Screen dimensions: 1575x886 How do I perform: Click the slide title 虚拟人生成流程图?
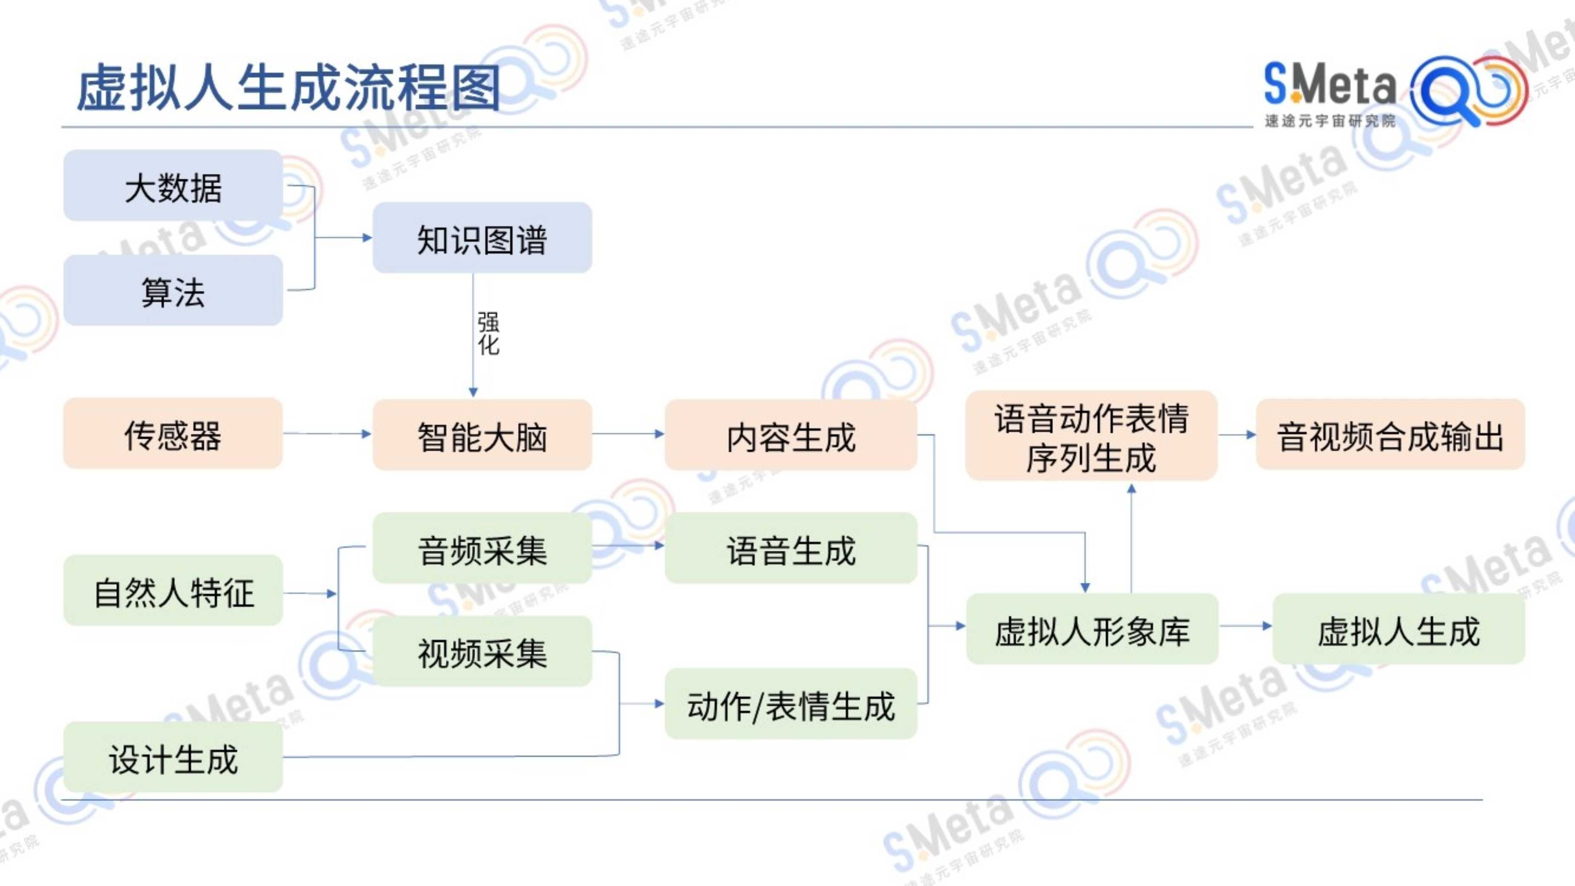pyautogui.click(x=288, y=88)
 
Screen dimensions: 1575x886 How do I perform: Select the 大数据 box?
pyautogui.click(x=173, y=185)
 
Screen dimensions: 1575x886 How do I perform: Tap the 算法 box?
pyautogui.click(x=173, y=291)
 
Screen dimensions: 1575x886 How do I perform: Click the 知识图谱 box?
pyautogui.click(x=482, y=238)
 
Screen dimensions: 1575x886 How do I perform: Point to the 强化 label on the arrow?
pyautogui.click(x=488, y=334)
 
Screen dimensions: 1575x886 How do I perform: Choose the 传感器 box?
pyautogui.click(x=173, y=433)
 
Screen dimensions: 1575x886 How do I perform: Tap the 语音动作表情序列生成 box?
pyautogui.click(x=1091, y=436)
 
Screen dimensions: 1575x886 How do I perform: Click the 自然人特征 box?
pyautogui.click(x=173, y=591)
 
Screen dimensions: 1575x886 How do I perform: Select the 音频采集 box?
pyautogui.click(x=482, y=548)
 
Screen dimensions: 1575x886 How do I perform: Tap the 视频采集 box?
pyautogui.click(x=482, y=651)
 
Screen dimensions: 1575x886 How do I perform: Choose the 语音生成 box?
pyautogui.click(x=791, y=548)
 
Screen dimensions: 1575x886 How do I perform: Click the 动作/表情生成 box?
pyautogui.click(x=791, y=704)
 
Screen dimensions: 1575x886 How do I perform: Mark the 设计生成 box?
pyautogui.click(x=173, y=757)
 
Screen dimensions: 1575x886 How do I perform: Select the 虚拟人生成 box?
pyautogui.click(x=1399, y=629)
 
